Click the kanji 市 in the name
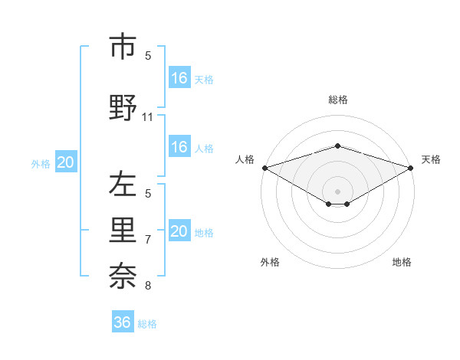click(x=123, y=47)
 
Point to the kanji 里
click(x=123, y=229)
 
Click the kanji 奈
click(x=123, y=275)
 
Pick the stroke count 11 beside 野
click(x=148, y=117)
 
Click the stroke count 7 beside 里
click(x=148, y=239)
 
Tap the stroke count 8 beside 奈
click(x=148, y=286)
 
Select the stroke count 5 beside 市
click(x=148, y=55)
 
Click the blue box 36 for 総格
click(x=123, y=322)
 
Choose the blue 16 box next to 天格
click(x=179, y=78)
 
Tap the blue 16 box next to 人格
click(x=179, y=147)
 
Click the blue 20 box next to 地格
click(x=179, y=231)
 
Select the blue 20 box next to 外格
click(x=66, y=162)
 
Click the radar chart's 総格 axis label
click(x=337, y=100)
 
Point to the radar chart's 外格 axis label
click(x=270, y=263)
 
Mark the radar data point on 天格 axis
click(x=412, y=168)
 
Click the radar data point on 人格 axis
click(x=264, y=168)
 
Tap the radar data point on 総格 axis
click(x=337, y=146)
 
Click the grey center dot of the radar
click(x=337, y=191)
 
